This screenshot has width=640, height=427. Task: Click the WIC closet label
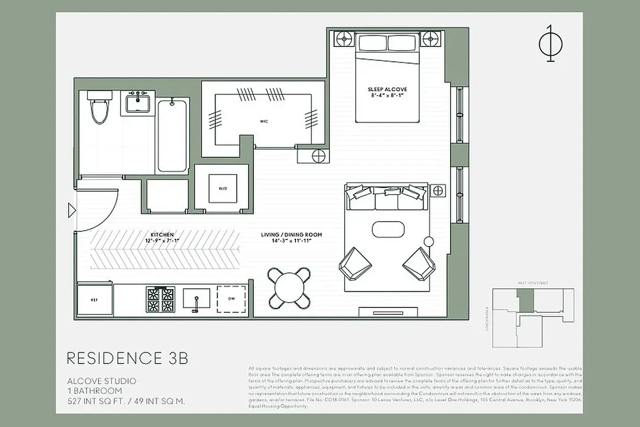[264, 122]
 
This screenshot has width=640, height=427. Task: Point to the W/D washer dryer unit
[222, 188]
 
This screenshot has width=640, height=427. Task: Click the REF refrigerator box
[94, 300]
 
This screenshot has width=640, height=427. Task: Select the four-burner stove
[160, 299]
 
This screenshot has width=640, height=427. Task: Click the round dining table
[289, 288]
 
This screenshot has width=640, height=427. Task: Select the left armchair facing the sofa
[353, 263]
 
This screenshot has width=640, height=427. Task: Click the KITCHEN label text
[162, 238]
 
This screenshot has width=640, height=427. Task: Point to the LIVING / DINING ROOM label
[291, 238]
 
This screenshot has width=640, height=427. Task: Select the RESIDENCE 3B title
[127, 358]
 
